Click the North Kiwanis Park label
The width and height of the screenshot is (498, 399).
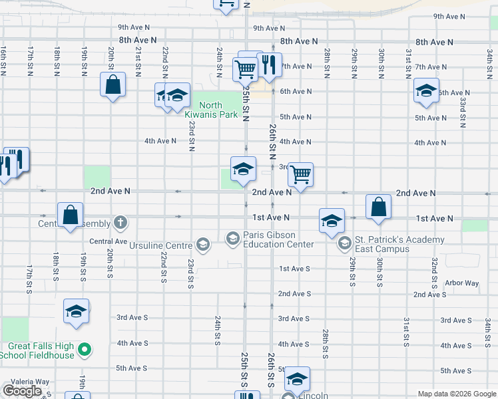[210, 110]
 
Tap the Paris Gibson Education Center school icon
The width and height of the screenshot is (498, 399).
[232, 237]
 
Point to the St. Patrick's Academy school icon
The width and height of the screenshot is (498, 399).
[344, 243]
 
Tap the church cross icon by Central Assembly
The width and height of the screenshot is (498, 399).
[120, 221]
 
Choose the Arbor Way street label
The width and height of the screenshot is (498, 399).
[462, 283]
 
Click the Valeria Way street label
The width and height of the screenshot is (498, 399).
[25, 382]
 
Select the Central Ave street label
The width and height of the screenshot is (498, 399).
[108, 241]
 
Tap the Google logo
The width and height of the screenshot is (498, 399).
[22, 391]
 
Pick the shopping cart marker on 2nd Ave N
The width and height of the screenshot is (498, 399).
[300, 174]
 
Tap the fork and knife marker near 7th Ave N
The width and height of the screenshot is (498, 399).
[269, 65]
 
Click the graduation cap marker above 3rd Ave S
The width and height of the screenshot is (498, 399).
[76, 311]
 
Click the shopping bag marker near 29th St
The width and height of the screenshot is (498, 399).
[378, 207]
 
